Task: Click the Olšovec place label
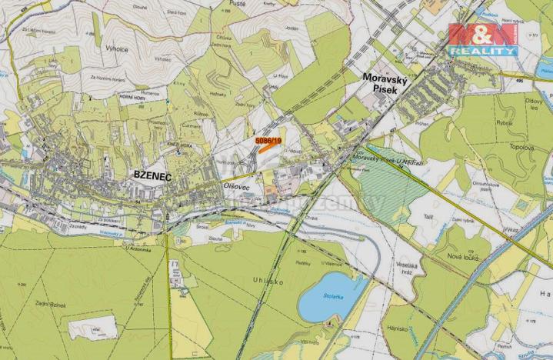(x=235, y=186)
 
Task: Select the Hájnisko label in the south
(x=396, y=326)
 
